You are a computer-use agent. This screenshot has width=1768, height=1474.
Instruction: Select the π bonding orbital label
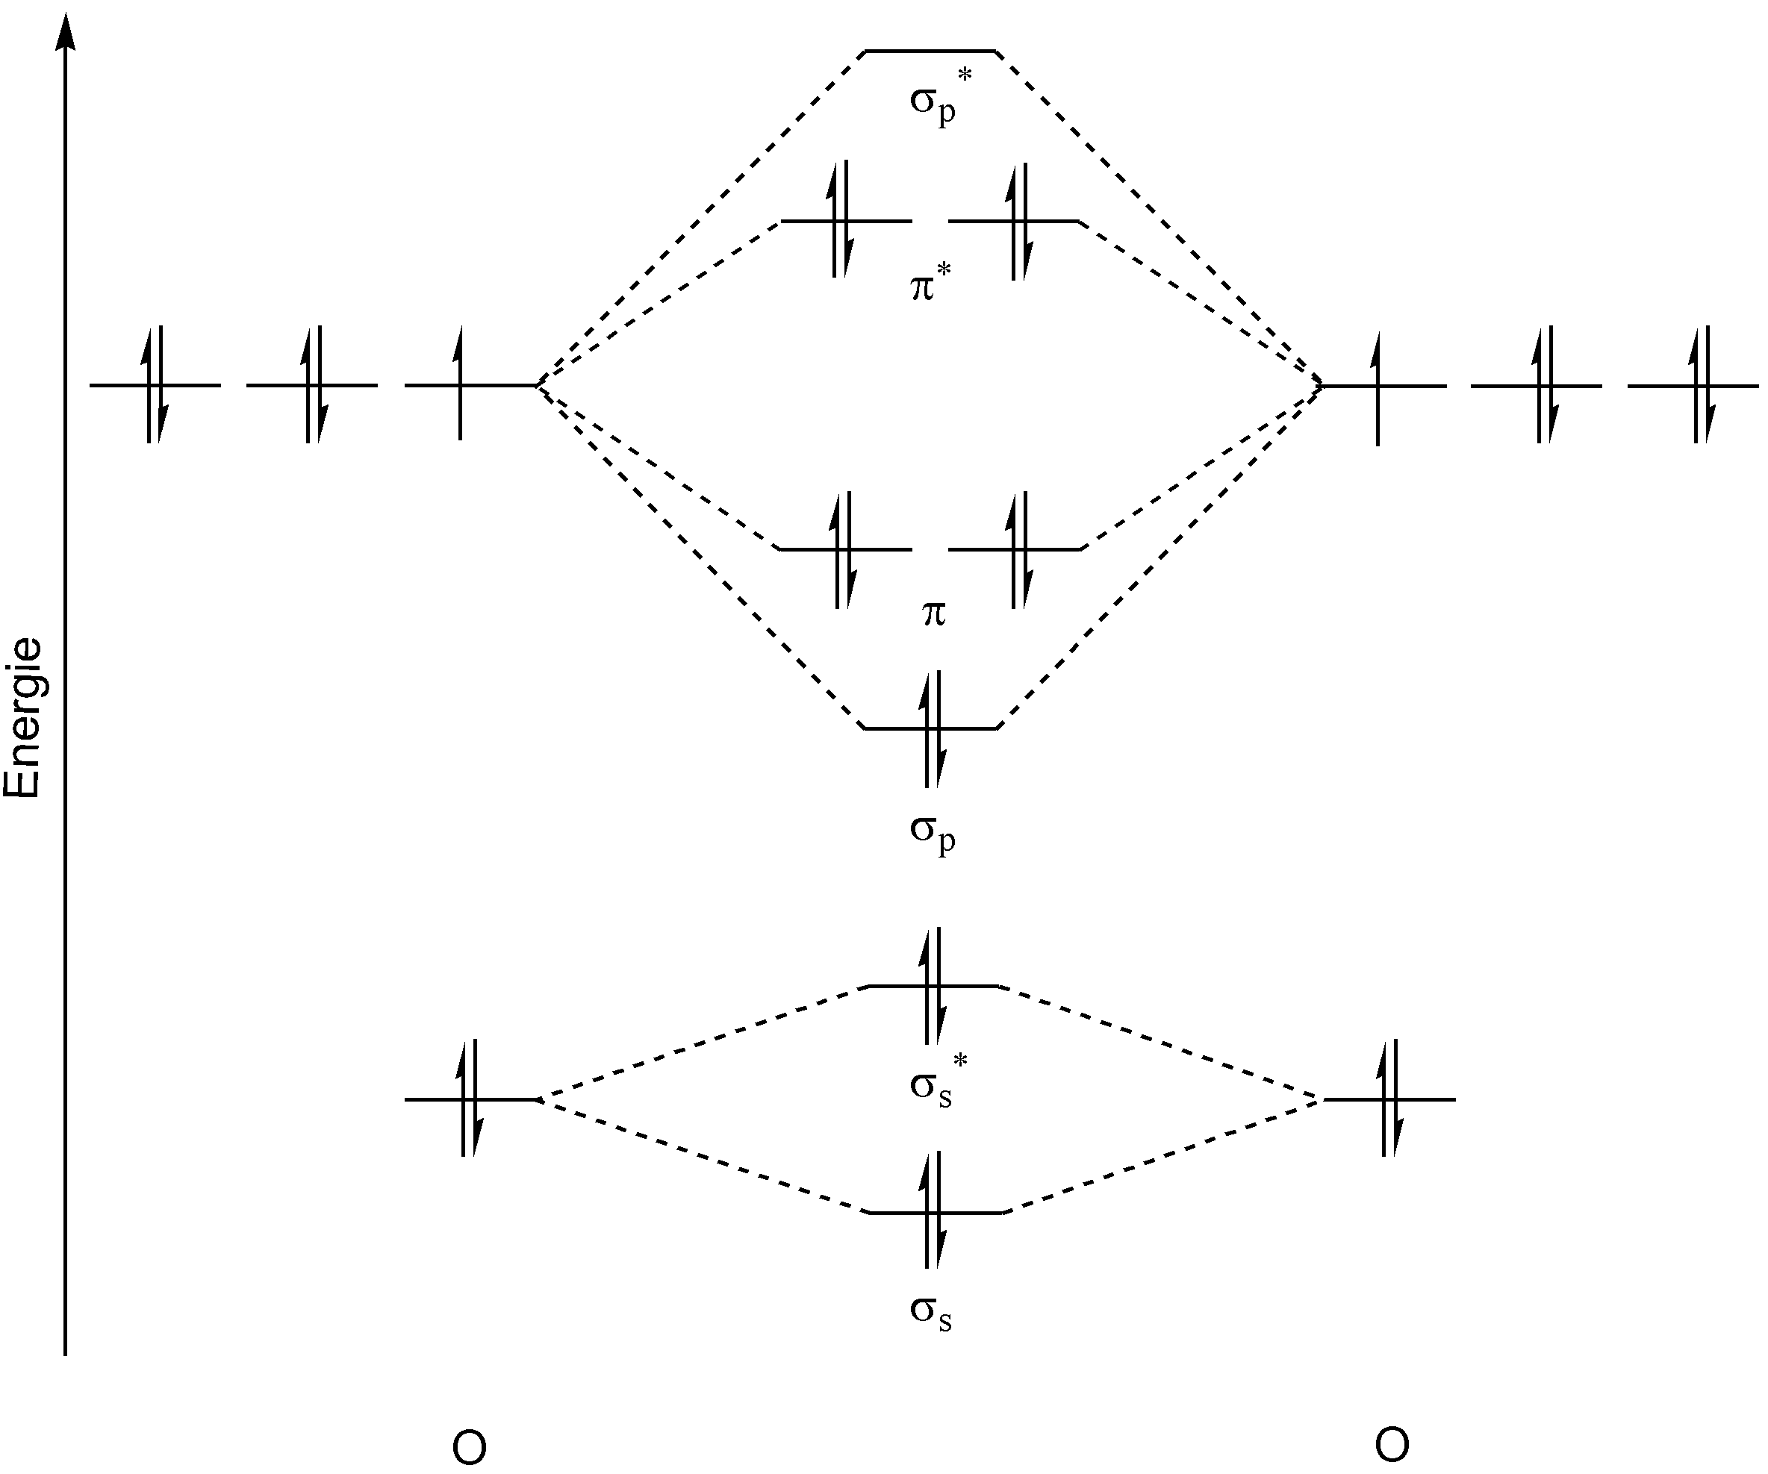[933, 613]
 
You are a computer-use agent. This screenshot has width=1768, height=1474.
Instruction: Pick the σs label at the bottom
[931, 1312]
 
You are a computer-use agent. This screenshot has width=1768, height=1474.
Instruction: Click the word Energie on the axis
[24, 717]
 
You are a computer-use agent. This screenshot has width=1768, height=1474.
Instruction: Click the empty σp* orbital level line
[931, 51]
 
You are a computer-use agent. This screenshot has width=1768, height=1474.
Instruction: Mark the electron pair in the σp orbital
[932, 729]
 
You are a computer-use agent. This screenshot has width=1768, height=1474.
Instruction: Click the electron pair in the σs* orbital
[932, 986]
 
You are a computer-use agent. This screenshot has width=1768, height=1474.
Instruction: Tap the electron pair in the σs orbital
[932, 1213]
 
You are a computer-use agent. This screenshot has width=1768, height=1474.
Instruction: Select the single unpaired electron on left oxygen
[460, 384]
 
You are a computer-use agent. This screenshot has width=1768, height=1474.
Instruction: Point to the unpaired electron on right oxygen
[1378, 387]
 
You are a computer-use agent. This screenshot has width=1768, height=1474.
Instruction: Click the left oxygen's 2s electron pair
[470, 1099]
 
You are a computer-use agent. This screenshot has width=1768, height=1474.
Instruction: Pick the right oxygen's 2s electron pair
[1390, 1099]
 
